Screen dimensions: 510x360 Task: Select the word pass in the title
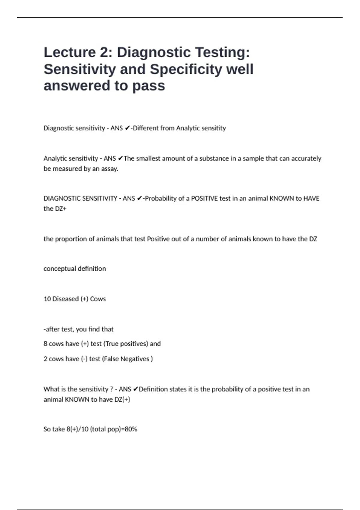click(x=149, y=85)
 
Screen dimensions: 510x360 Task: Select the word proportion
click(x=69, y=239)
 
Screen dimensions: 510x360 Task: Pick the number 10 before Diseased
click(x=47, y=299)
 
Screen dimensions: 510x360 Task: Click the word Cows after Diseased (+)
click(x=98, y=299)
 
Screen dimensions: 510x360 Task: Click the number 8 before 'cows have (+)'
click(x=45, y=343)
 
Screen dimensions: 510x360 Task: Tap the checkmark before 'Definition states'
click(x=135, y=389)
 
